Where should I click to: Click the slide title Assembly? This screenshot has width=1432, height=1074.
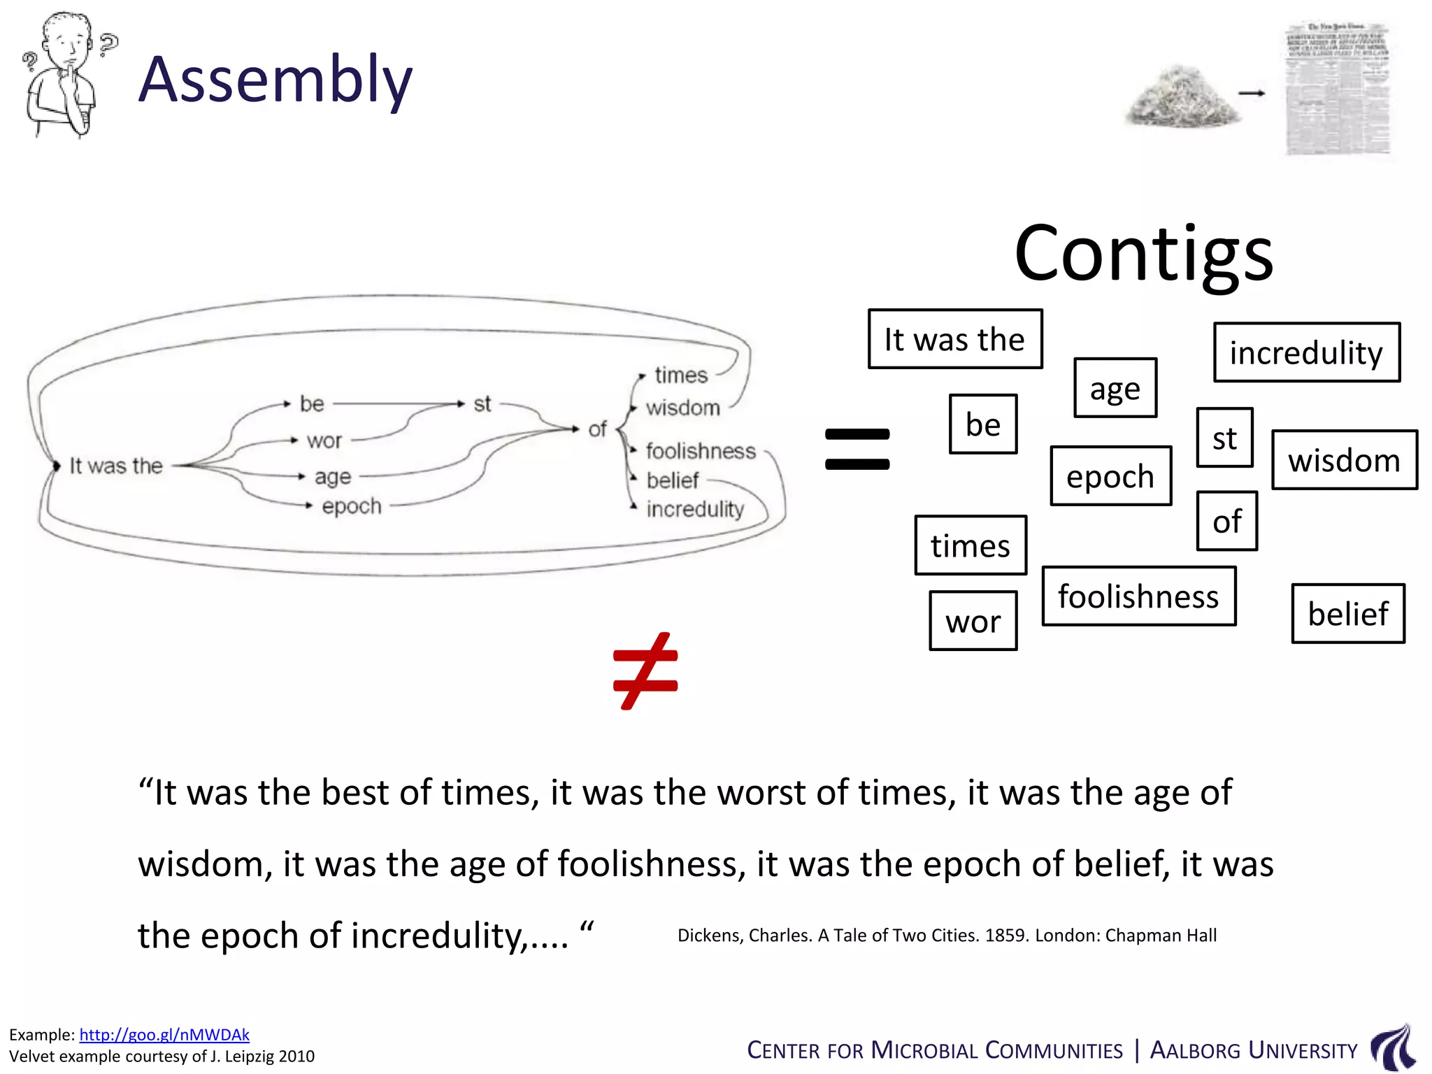(275, 80)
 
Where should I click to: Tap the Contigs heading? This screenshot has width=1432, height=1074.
(1143, 253)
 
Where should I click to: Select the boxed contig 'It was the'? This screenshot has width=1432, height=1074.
(954, 339)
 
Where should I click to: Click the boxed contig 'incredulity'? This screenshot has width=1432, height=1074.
(1306, 352)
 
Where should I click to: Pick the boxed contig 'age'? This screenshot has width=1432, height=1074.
(1115, 388)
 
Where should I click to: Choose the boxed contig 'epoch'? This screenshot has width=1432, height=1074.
(1110, 476)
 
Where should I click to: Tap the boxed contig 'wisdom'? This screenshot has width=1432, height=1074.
(1344, 460)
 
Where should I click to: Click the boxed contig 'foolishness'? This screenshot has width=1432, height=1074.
(1138, 596)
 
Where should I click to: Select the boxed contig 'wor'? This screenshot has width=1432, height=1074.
(973, 621)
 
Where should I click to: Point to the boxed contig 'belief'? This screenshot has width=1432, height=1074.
(1347, 613)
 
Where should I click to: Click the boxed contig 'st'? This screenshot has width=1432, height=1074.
(1224, 438)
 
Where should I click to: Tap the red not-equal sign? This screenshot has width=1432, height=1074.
(645, 671)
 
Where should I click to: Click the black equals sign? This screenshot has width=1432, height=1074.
(857, 449)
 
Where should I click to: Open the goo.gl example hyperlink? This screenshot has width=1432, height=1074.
(164, 1034)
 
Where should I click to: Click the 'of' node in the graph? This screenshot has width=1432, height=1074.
(597, 429)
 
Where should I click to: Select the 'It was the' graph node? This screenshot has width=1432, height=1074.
(116, 466)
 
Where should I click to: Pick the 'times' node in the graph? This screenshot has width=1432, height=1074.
(681, 375)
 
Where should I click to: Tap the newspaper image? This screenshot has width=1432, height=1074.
(1337, 89)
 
